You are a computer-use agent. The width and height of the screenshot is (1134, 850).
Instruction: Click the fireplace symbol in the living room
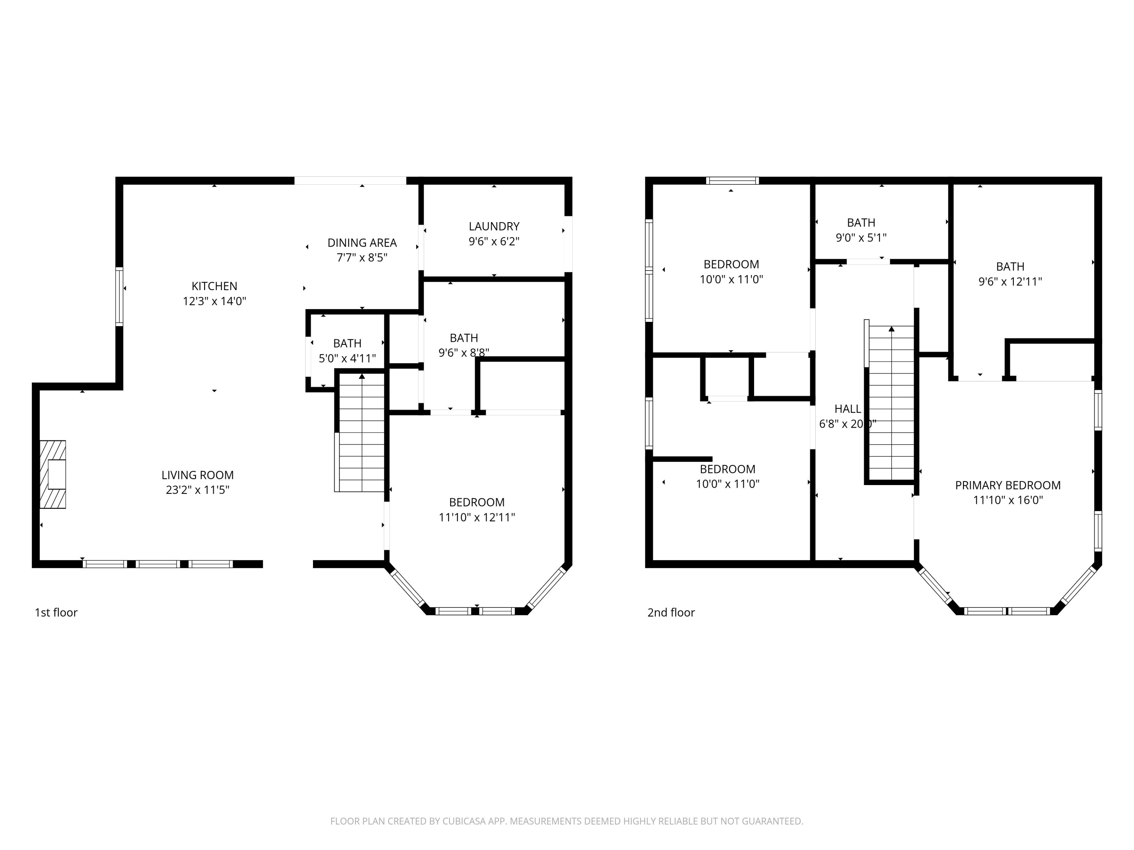click(53, 474)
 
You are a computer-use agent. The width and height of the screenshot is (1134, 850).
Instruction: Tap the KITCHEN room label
click(214, 286)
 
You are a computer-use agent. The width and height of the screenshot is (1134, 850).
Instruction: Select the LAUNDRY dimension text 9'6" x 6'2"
click(494, 241)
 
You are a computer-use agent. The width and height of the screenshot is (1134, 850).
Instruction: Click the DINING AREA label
click(362, 243)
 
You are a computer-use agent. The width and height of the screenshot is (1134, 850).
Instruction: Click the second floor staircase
click(891, 402)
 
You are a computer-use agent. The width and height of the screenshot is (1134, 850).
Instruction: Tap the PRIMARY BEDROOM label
click(1007, 485)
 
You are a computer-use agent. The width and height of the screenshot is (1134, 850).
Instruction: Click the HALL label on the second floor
click(847, 409)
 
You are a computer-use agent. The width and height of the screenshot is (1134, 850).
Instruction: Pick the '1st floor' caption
click(56, 612)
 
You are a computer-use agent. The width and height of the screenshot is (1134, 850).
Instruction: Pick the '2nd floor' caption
click(671, 612)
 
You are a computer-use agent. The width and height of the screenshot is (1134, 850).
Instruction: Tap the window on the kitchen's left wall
click(119, 296)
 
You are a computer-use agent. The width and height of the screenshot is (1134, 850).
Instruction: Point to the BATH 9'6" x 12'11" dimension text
click(1010, 282)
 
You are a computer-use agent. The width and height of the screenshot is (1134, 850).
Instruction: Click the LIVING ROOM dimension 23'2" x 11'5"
click(197, 490)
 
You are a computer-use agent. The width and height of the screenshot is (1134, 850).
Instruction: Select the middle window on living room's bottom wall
click(158, 564)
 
